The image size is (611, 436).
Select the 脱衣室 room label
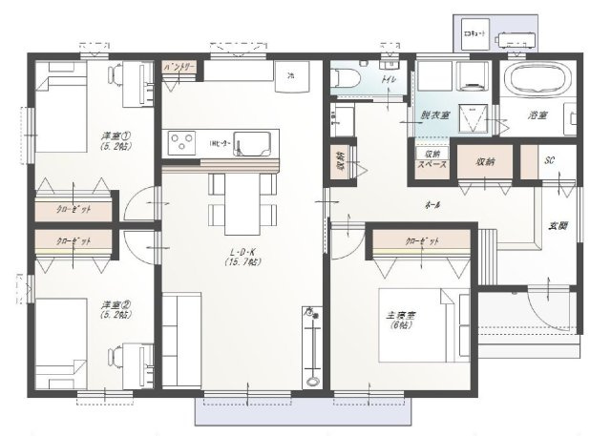coord(434,115)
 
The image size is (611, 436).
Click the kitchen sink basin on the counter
coord(252,145)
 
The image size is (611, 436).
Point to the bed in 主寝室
coord(424,325)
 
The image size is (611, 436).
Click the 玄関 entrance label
coord(557,226)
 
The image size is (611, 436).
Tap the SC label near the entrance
coord(549,160)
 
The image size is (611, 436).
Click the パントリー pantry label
coord(179,68)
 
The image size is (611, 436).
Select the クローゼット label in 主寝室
coord(423,242)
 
